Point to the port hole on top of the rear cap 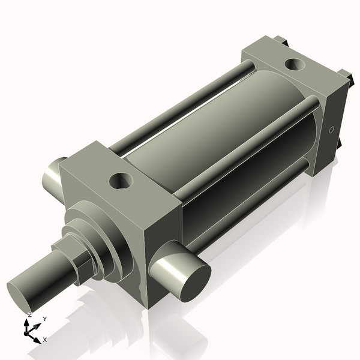click(295, 63)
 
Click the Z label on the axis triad click(29, 314)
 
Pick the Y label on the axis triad click(44, 319)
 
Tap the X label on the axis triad click(44, 340)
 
